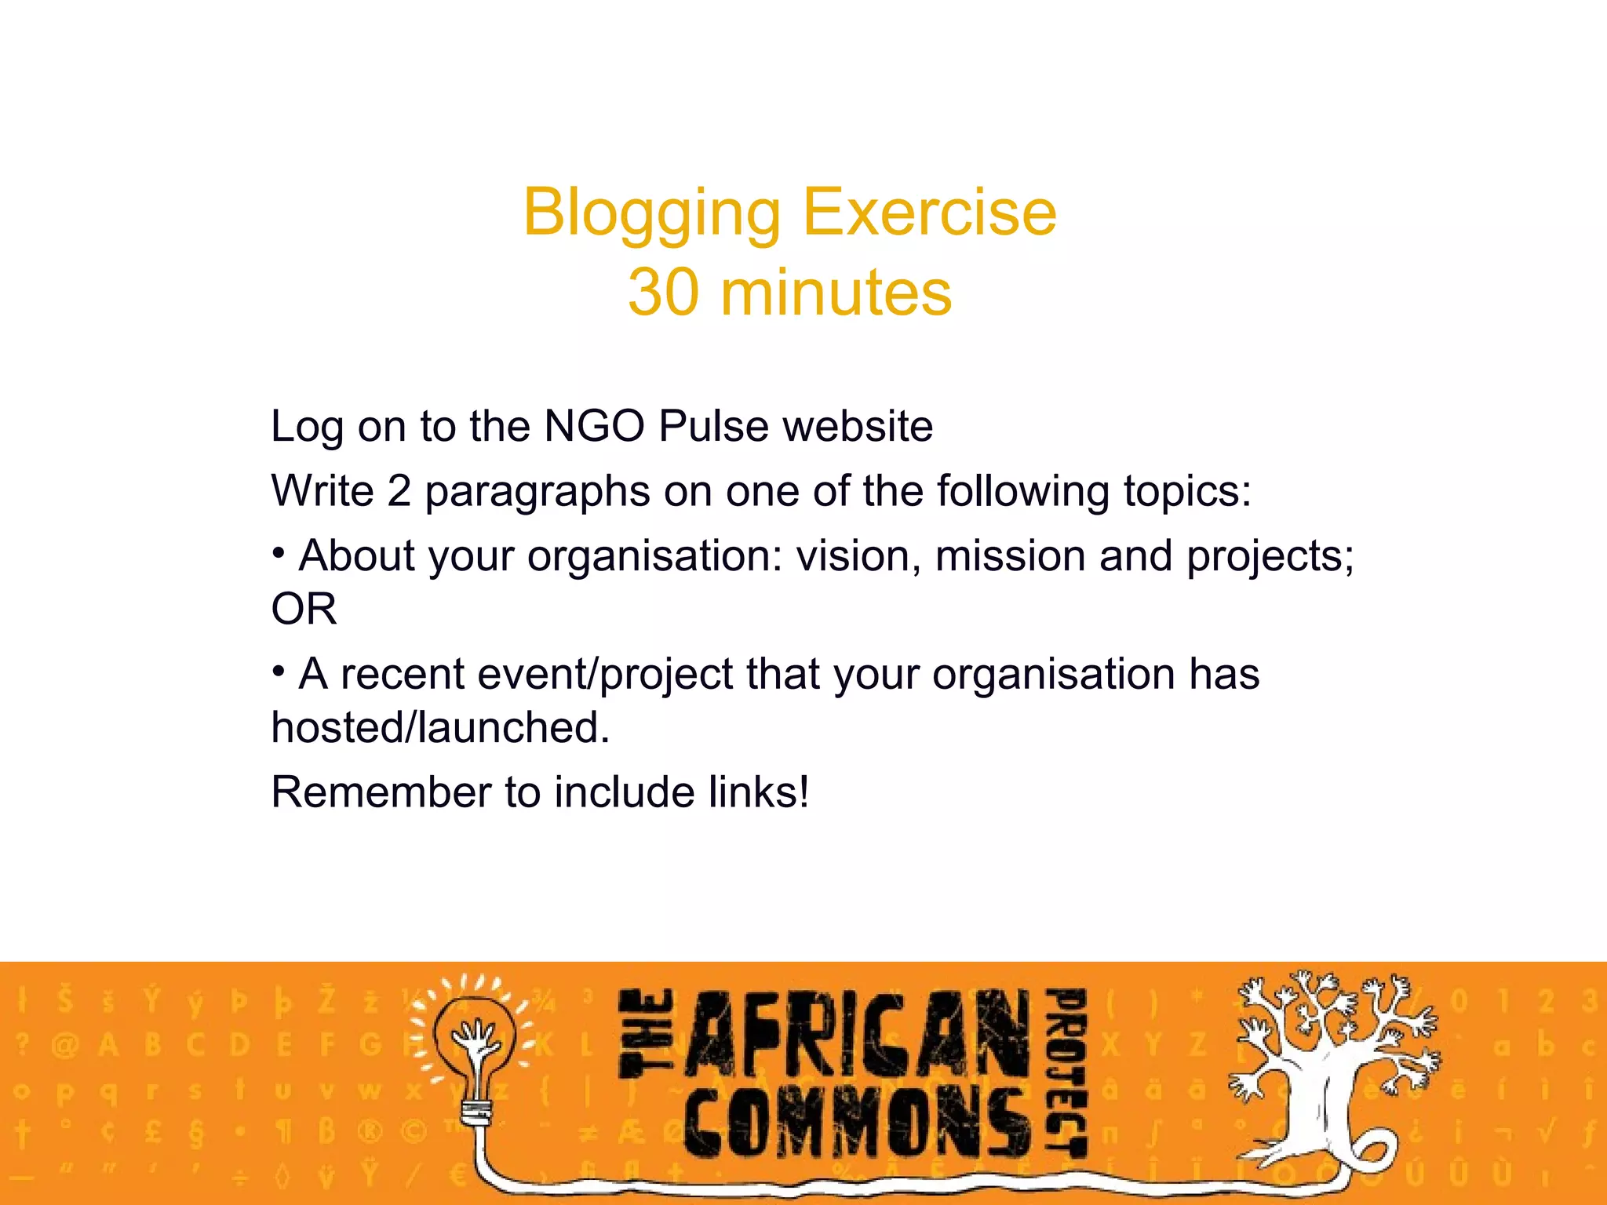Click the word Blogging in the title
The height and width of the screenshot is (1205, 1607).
coord(652,213)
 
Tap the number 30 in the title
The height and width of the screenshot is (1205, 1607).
coord(663,292)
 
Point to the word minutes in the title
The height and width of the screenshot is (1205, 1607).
coord(836,292)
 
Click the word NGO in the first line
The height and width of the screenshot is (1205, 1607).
coord(594,426)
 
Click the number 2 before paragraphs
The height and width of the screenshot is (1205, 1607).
coord(399,491)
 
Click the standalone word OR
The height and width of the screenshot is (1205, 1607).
coord(304,610)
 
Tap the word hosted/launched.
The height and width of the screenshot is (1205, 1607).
coord(440,728)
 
